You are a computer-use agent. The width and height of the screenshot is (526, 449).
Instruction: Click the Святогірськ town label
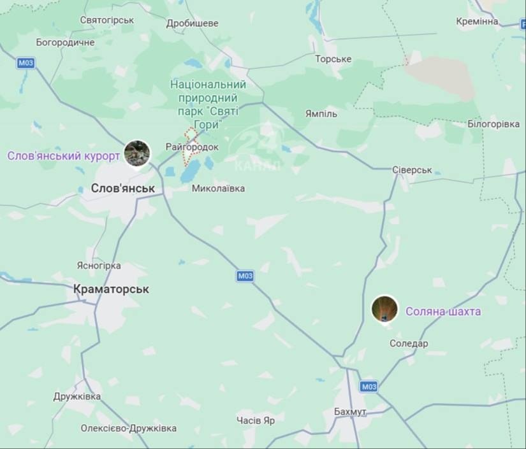107,20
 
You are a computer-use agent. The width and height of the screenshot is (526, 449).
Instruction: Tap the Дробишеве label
192,24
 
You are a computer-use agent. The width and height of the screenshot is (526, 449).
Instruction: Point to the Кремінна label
477,22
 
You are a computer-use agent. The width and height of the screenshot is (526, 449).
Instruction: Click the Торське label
333,59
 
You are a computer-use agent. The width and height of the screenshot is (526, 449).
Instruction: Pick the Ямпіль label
321,113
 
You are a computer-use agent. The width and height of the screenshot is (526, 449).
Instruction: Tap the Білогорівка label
493,124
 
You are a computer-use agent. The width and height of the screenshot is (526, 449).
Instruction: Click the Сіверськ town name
411,170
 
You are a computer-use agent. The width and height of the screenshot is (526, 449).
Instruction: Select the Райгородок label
191,147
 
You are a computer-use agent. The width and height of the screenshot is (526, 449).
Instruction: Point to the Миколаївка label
218,189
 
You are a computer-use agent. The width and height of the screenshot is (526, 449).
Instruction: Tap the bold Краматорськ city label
111,289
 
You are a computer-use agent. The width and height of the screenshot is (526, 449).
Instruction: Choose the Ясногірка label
98,266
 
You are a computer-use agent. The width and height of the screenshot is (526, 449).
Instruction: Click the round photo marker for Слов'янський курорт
137,153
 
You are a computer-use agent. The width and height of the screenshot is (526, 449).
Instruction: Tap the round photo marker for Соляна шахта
384,309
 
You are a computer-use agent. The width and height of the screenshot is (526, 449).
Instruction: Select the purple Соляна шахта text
443,311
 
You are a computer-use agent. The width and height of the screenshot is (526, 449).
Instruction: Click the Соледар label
409,343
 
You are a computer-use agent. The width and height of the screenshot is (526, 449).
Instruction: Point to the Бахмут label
350,411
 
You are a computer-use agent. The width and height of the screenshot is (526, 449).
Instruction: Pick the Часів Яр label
256,420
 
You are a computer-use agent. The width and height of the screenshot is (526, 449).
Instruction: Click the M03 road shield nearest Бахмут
369,387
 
